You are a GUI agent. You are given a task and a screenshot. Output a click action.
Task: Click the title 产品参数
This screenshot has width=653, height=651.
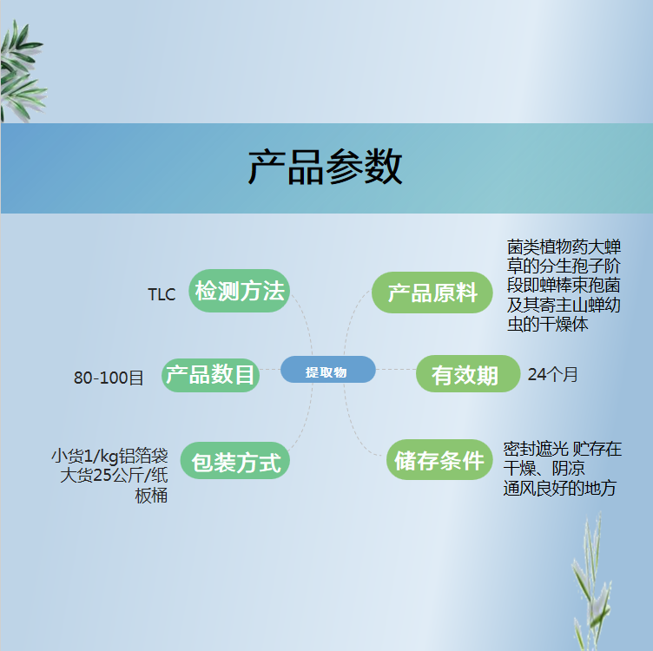[326, 168]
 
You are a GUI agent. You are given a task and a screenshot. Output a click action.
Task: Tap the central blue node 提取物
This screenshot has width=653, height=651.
[327, 370]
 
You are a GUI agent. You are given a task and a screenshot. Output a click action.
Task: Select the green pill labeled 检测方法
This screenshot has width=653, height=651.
[239, 291]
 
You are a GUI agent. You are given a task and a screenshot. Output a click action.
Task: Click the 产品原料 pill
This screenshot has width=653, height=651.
[432, 293]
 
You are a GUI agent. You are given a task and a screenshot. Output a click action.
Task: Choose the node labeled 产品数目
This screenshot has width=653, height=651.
[210, 375]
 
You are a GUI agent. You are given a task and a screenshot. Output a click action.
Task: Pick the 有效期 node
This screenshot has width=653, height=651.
[468, 374]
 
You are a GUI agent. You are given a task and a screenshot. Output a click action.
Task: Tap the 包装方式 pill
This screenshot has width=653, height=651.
[234, 460]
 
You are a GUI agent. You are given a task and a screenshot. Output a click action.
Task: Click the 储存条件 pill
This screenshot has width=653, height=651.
[439, 459]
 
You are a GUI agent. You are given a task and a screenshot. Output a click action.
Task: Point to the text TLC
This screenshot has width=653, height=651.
[162, 294]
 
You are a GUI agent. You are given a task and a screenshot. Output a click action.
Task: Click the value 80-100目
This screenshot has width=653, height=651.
[109, 378]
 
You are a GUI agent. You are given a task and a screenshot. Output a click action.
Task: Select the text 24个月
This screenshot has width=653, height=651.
[552, 374]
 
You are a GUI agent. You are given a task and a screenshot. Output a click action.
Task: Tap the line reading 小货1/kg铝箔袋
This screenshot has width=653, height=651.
[109, 456]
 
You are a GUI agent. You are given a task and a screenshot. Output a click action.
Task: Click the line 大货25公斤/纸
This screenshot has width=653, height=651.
[114, 475]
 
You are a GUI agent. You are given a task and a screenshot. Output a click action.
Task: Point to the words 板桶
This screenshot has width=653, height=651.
[151, 496]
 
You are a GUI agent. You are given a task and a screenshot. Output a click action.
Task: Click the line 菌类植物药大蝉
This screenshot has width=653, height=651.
[564, 247]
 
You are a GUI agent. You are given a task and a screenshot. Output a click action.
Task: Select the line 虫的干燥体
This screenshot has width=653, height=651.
[548, 324]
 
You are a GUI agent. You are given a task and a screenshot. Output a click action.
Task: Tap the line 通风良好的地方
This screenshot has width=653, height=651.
[560, 488]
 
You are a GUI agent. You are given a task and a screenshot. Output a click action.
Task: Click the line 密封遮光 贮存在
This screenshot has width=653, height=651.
[562, 449]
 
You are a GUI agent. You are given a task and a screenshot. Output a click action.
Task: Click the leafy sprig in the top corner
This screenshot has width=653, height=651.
[22, 71]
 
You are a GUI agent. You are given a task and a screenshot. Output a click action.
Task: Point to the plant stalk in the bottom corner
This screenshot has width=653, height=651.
[591, 582]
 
